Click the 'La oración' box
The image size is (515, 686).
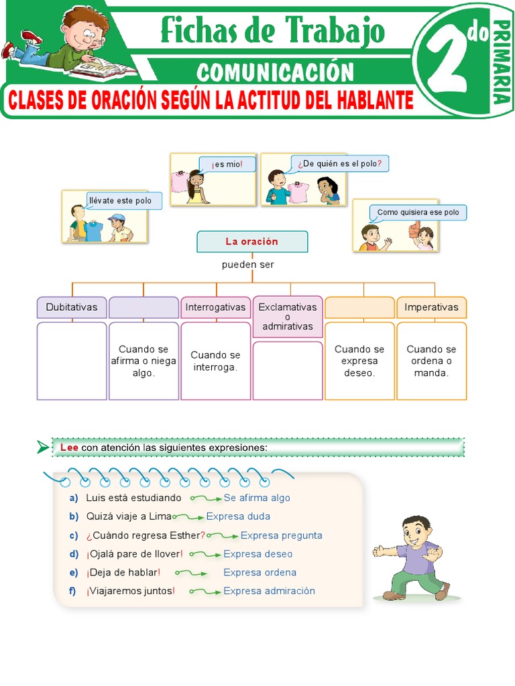pyautogui.click(x=252, y=241)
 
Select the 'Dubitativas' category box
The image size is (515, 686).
pyautogui.click(x=72, y=307)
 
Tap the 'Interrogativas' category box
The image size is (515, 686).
pyautogui.click(x=215, y=307)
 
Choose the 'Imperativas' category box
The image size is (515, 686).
pyautogui.click(x=431, y=307)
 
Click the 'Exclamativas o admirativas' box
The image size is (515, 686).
pyautogui.click(x=288, y=317)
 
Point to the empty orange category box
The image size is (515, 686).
pyautogui.click(x=359, y=307)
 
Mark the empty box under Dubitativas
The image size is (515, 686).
pyautogui.click(x=72, y=360)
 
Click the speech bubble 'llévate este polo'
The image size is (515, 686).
pyautogui.click(x=124, y=200)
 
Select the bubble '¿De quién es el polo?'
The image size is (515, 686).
pyautogui.click(x=339, y=163)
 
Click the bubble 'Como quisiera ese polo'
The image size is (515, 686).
pyautogui.click(x=418, y=212)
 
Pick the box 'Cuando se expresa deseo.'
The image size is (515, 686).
pyautogui.click(x=359, y=360)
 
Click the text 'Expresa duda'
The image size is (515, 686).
pyautogui.click(x=238, y=517)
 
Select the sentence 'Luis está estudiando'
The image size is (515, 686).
pyautogui.click(x=133, y=498)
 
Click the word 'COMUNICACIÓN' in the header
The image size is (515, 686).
pyautogui.click(x=275, y=72)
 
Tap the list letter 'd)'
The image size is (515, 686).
pyautogui.click(x=74, y=554)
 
